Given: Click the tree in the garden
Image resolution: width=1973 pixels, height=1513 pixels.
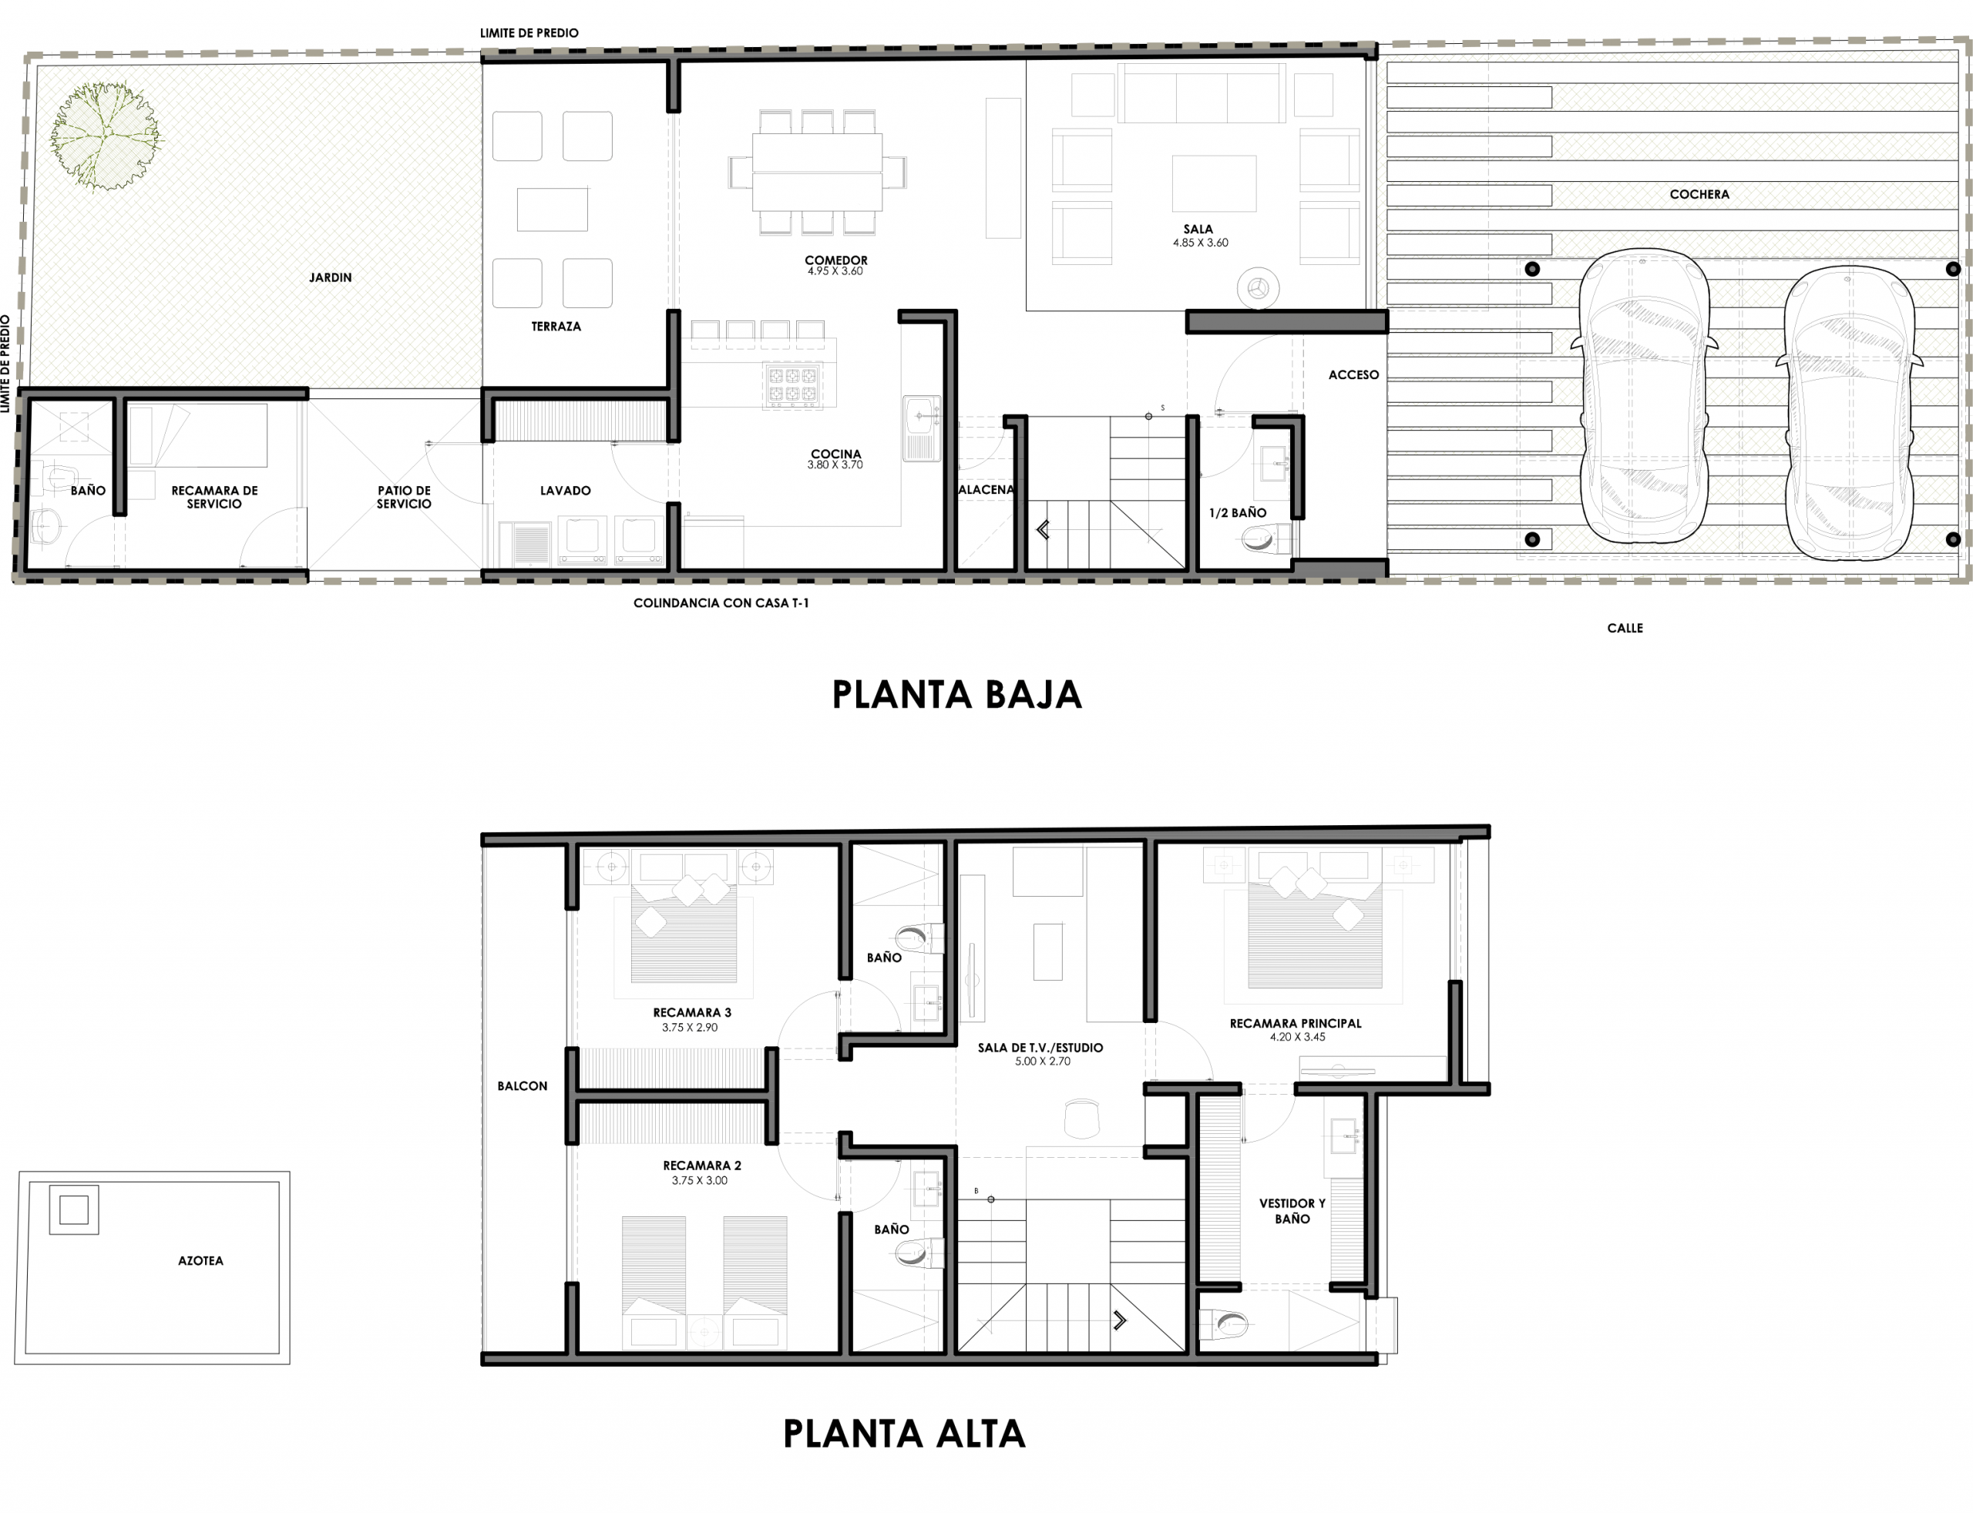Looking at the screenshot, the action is pyautogui.click(x=106, y=137).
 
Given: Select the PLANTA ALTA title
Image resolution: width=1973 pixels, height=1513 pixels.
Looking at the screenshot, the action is pyautogui.click(x=903, y=1434).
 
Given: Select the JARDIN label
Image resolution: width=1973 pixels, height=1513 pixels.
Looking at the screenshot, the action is pyautogui.click(x=331, y=277).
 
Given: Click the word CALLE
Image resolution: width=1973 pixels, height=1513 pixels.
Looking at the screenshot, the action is pyautogui.click(x=1625, y=629).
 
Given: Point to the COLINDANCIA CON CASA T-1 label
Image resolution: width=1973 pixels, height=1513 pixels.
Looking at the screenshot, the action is pyautogui.click(x=721, y=603).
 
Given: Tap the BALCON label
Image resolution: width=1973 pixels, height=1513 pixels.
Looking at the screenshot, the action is pyautogui.click(x=523, y=1086).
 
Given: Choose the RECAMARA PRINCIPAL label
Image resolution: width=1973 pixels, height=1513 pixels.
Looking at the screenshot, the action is pyautogui.click(x=1296, y=1023).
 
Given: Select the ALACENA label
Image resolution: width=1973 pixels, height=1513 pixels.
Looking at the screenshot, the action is pyautogui.click(x=986, y=490).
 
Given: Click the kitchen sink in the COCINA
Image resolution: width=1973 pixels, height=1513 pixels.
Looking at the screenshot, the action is pyautogui.click(x=921, y=428).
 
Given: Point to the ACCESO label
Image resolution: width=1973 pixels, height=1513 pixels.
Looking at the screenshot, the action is pyautogui.click(x=1354, y=374).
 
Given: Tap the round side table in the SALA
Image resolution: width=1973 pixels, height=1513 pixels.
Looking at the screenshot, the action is pyautogui.click(x=1258, y=289).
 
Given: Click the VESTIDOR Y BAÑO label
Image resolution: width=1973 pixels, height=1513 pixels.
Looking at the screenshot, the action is pyautogui.click(x=1292, y=1211).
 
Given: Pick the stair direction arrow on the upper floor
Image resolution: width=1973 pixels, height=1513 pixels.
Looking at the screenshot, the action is pyautogui.click(x=1120, y=1321).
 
